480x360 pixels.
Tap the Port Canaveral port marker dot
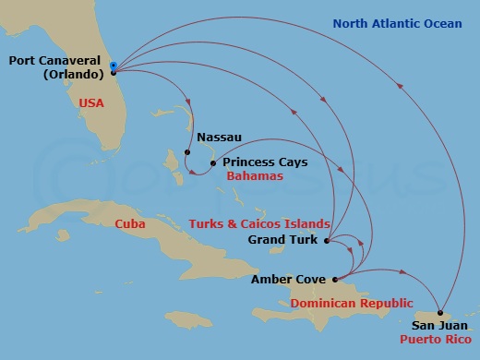(x=113, y=72)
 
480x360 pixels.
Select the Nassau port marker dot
(x=187, y=152)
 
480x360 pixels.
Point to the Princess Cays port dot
(x=212, y=163)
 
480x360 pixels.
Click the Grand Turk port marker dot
(x=327, y=240)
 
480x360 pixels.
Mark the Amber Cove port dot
(x=334, y=279)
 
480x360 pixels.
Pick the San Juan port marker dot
(x=440, y=312)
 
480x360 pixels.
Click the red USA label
(x=91, y=103)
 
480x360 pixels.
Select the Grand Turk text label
(x=283, y=240)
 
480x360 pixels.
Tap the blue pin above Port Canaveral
(x=113, y=65)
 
